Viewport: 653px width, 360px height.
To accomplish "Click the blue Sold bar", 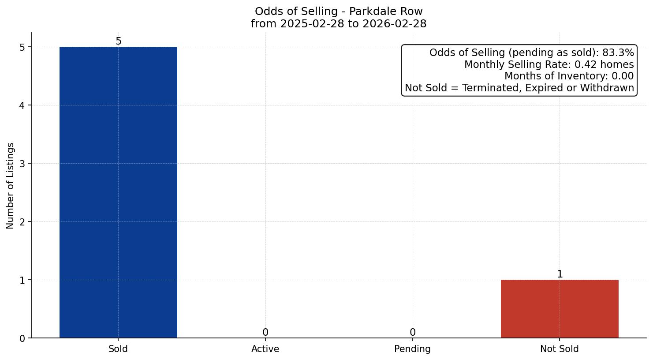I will coord(118,192).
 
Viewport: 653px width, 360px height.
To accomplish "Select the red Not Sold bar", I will coord(560,309).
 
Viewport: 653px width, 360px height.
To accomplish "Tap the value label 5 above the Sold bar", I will coord(118,41).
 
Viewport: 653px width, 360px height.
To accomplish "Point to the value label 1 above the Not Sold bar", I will coord(560,274).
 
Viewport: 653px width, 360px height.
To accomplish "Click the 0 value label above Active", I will coord(265,333).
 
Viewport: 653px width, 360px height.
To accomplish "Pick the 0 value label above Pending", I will coord(412,333).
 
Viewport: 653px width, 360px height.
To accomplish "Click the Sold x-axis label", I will coord(118,349).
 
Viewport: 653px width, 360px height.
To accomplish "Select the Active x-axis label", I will coord(265,349).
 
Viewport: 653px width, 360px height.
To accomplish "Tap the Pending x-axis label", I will coord(412,349).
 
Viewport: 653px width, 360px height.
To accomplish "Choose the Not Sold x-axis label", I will coord(560,349).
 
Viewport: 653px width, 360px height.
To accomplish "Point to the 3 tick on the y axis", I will coord(22,164).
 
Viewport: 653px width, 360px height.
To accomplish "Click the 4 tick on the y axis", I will coord(22,105).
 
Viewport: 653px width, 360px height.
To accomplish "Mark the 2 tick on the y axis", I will coord(22,222).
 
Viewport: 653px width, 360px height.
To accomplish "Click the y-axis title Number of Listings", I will coord(11,185).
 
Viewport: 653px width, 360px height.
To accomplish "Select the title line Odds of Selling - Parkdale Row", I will coord(339,11).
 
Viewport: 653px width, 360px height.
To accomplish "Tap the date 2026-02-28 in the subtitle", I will coord(394,24).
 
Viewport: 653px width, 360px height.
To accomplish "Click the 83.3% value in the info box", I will coord(618,53).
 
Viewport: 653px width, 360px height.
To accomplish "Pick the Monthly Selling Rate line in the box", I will coord(549,65).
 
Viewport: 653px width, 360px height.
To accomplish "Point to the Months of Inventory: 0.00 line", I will coord(569,76).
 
